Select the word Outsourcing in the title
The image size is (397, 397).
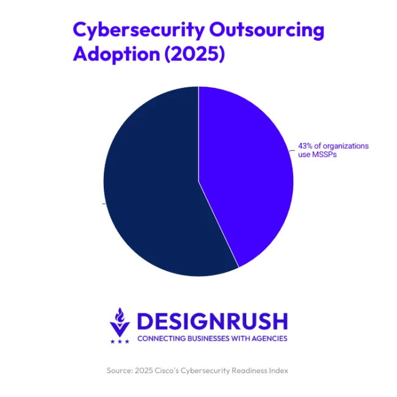(267, 30)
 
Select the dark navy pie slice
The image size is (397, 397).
(153, 195)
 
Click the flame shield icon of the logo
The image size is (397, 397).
(120, 322)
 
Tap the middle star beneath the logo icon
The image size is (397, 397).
(120, 341)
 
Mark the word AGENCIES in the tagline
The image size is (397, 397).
(269, 338)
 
